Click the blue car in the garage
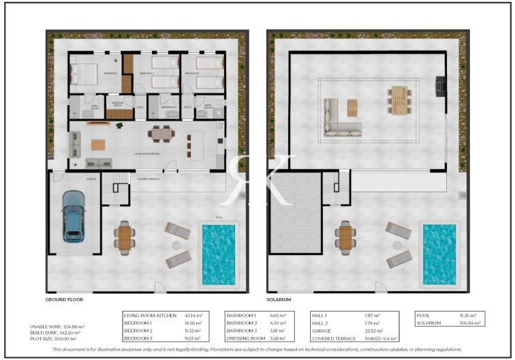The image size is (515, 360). (x=74, y=215)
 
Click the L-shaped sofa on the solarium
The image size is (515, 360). (x=341, y=119)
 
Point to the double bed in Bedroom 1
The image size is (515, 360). (x=84, y=73)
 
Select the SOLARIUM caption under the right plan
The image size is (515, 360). (x=279, y=299)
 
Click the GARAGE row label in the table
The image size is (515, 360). (x=322, y=330)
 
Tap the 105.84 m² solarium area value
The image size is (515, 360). (x=469, y=322)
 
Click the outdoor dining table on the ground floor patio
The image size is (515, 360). (x=125, y=237)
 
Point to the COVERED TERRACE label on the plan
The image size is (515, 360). (x=149, y=179)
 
